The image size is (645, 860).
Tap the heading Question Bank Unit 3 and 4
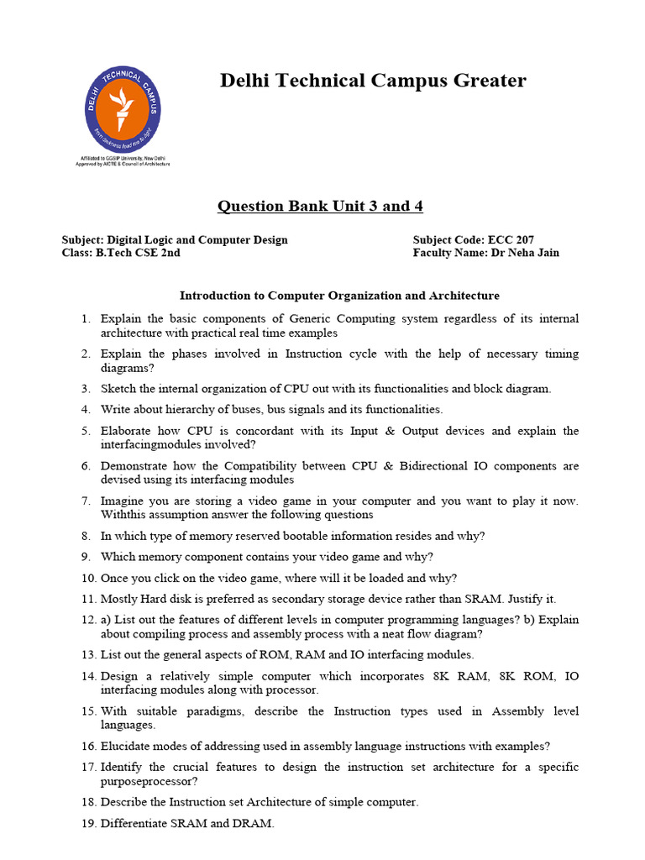(314, 207)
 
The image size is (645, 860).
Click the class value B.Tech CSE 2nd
(138, 253)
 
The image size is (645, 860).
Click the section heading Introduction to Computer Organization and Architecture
(339, 296)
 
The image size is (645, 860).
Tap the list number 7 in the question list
(86, 501)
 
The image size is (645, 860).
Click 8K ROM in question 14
(526, 676)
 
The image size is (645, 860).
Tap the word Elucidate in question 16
(126, 747)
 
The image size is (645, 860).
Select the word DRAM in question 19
(256, 824)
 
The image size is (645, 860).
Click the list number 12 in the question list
(88, 621)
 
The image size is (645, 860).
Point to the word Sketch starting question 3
(118, 389)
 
